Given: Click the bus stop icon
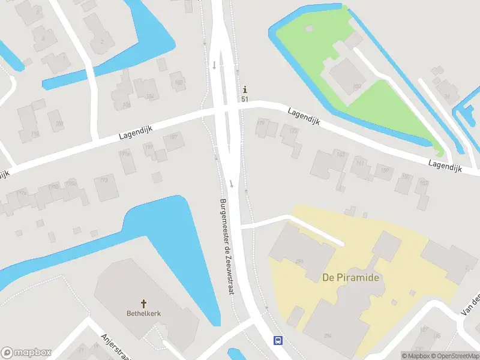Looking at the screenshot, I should click(x=278, y=340).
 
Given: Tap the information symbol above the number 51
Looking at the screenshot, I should click(x=245, y=89).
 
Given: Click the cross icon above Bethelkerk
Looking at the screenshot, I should click(x=143, y=304).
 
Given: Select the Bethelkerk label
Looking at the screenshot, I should click(x=143, y=313).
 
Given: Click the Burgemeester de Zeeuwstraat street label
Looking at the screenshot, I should click(x=226, y=246).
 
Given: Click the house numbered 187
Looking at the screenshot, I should click(x=174, y=137).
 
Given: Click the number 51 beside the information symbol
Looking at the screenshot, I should click(x=245, y=99).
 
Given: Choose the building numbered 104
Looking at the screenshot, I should click(x=149, y=96).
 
